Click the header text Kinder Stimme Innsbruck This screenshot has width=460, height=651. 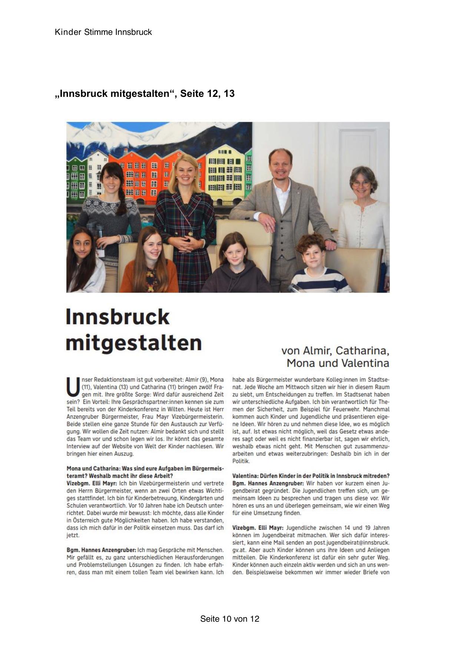[103, 32]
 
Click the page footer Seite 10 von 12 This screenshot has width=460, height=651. [229, 619]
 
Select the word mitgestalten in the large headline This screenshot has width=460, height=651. [134, 343]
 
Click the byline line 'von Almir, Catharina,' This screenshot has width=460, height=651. [335, 350]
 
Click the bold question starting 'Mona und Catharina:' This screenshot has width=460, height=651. [145, 468]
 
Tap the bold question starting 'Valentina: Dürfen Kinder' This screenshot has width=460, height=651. [311, 476]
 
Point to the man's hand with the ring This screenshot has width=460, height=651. [268, 225]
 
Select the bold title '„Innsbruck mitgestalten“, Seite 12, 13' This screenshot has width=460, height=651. [145, 94]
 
